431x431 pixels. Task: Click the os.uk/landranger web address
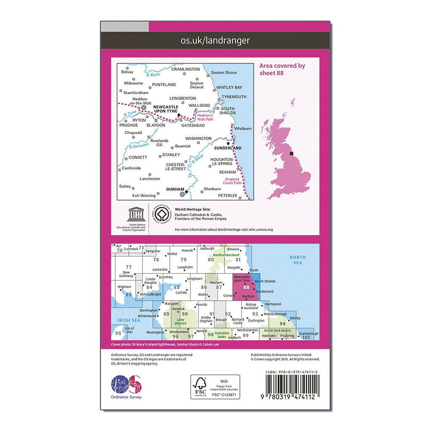(x=215, y=41)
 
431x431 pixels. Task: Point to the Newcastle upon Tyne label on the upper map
(x=165, y=109)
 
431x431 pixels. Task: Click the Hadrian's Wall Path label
(x=205, y=117)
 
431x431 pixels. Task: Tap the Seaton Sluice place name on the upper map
(x=224, y=72)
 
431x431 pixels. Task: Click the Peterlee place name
(x=228, y=195)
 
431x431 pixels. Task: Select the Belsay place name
(x=127, y=72)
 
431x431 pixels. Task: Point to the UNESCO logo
(x=136, y=215)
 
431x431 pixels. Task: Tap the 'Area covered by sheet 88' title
(x=282, y=69)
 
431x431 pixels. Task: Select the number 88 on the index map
(x=252, y=287)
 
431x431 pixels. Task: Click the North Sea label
(x=298, y=260)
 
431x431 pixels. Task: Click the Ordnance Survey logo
(x=126, y=388)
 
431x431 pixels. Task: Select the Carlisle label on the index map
(x=181, y=293)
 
